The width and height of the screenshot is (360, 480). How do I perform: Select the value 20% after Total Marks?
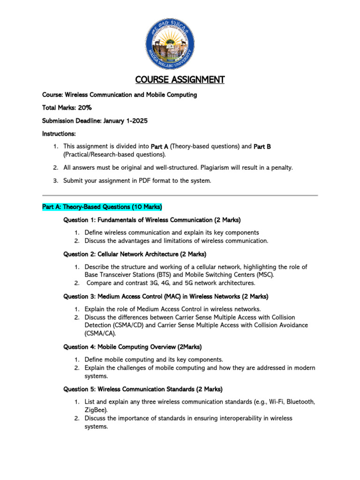pos(85,108)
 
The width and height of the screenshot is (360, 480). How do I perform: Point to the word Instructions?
pos(59,134)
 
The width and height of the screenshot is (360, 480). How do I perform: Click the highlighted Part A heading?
pos(102,206)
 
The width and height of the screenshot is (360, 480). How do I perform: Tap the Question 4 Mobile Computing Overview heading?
pos(133,347)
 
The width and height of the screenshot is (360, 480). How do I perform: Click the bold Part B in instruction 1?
pos(262,147)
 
